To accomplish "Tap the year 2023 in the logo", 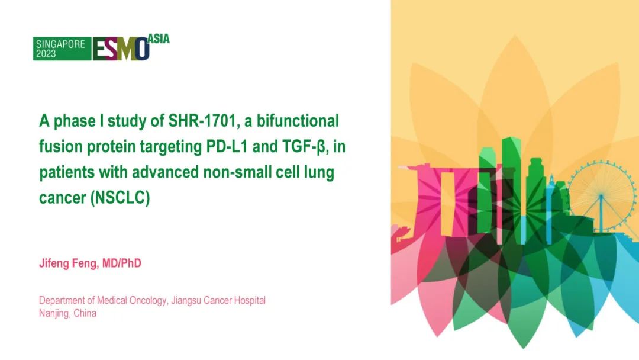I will point(46,54).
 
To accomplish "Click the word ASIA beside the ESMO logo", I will point(158,38).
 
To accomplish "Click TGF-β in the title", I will point(307,147).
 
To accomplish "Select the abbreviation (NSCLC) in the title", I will point(120,198).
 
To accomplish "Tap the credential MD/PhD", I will point(123,263).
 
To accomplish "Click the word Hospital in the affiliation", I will point(248,300).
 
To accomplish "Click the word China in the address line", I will point(85,313).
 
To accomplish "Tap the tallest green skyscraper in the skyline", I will point(511,189).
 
